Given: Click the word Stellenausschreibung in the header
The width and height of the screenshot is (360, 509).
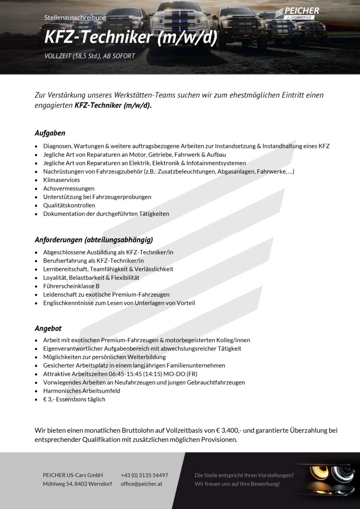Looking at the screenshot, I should [75, 18].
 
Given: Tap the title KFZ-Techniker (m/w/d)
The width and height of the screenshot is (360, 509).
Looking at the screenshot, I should [131, 37].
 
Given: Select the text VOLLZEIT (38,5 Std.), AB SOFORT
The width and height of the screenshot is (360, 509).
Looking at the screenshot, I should [90, 56].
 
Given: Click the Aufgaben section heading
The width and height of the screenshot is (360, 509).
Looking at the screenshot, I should [50, 133].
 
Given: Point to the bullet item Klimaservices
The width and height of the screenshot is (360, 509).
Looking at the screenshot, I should [62, 180].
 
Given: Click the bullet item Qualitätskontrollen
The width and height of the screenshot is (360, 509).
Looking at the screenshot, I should [69, 205].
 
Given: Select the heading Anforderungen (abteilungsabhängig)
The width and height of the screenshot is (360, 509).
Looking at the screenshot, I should [94, 240].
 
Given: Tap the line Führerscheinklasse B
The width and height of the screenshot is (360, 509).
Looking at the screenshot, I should [71, 286].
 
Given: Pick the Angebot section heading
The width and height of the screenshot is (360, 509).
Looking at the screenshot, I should [48, 328].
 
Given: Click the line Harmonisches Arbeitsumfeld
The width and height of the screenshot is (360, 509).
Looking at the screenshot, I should [82, 391].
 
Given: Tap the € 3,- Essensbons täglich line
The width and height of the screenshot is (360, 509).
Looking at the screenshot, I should [74, 399].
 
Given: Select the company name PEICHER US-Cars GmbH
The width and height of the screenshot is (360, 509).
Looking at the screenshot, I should [73, 475].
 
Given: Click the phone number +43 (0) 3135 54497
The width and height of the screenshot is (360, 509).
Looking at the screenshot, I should [144, 475].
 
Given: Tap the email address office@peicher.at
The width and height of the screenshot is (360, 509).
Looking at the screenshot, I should [141, 484].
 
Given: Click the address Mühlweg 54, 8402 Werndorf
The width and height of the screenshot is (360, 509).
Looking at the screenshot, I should [77, 484].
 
